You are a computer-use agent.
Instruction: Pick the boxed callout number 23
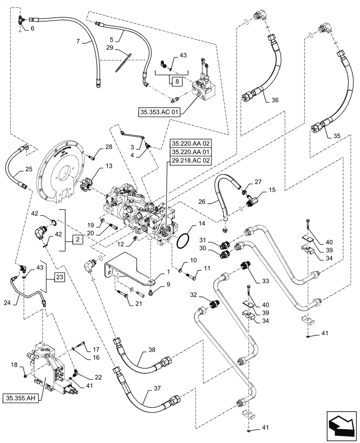pos(60,278)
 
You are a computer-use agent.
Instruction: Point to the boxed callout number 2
pos(77,240)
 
